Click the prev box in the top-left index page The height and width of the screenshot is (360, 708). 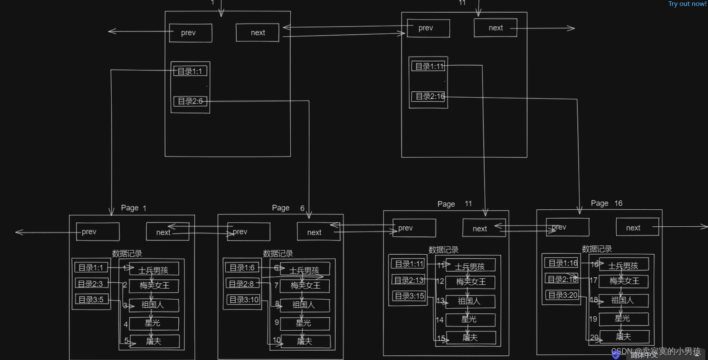[x=190, y=33]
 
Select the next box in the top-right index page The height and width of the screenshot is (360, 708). [x=495, y=28]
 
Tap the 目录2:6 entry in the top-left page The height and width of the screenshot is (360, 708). [x=190, y=101]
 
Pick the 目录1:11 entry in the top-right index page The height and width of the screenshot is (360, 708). [x=429, y=66]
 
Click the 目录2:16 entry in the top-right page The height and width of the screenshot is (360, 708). [x=429, y=97]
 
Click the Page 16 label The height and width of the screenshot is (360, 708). [x=607, y=203]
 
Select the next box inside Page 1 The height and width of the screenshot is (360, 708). [x=167, y=232]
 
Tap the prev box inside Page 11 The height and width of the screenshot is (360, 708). [x=414, y=228]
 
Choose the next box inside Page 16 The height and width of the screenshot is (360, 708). [x=637, y=228]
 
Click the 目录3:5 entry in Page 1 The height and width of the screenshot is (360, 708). [x=91, y=300]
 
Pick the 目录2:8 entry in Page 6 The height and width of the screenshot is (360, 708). [x=242, y=284]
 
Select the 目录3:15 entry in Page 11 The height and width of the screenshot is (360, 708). [x=409, y=296]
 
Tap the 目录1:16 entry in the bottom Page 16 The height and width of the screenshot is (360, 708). [x=562, y=263]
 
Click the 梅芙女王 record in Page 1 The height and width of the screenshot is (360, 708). [x=154, y=286]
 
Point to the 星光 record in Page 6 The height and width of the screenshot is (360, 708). [x=304, y=323]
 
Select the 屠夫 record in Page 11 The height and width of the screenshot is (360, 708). [x=470, y=338]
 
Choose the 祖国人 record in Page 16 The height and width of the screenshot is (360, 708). [x=623, y=301]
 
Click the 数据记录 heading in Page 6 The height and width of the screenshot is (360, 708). [x=278, y=253]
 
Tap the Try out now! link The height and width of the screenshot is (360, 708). [x=687, y=4]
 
